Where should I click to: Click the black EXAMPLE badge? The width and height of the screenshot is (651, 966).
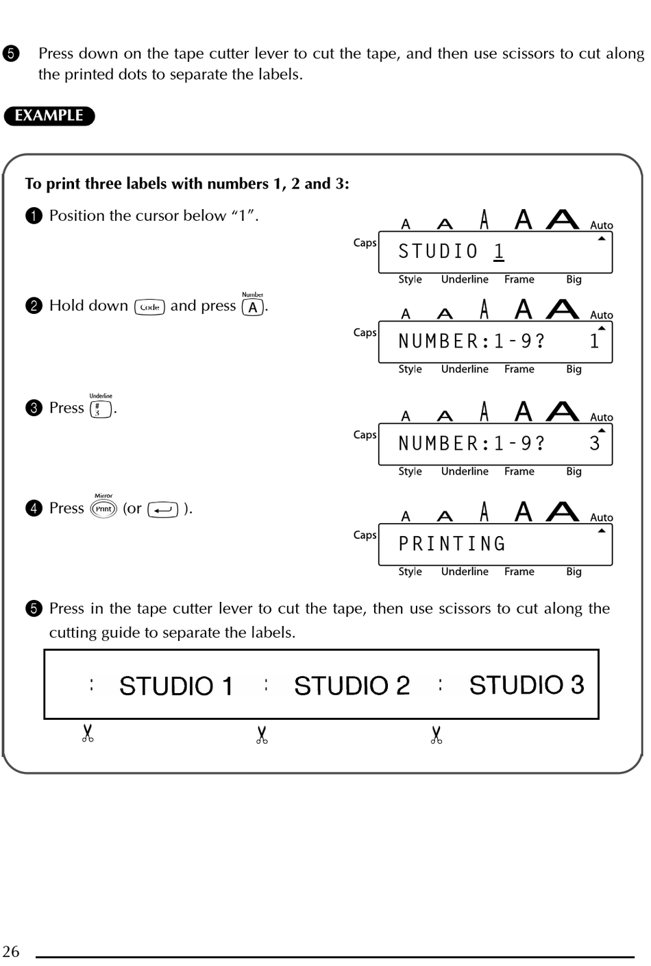click(49, 116)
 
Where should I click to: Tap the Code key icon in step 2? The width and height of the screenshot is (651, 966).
click(149, 307)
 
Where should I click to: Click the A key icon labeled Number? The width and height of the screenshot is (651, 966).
click(253, 307)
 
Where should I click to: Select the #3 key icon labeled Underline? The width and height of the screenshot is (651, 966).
click(100, 409)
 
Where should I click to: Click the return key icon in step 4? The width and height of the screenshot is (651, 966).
click(162, 509)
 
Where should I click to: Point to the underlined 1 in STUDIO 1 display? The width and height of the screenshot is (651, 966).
click(499, 252)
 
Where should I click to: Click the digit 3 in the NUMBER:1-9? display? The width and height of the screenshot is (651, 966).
click(594, 444)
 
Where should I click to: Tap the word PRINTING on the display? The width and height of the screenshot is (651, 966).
click(452, 544)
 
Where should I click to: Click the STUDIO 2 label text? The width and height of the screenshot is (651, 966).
click(352, 686)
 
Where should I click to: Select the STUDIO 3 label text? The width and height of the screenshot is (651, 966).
click(526, 685)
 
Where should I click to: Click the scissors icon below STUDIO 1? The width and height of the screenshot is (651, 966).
click(88, 734)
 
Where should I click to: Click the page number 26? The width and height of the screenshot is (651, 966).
click(11, 952)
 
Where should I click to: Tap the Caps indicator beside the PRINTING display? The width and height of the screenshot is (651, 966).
click(365, 535)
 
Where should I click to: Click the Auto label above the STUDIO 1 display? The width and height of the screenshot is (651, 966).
click(602, 226)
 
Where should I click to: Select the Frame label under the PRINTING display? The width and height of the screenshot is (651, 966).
click(519, 572)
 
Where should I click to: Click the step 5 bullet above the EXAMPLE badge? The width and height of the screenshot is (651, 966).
click(11, 53)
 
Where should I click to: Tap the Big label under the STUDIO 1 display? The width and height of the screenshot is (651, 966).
click(574, 280)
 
